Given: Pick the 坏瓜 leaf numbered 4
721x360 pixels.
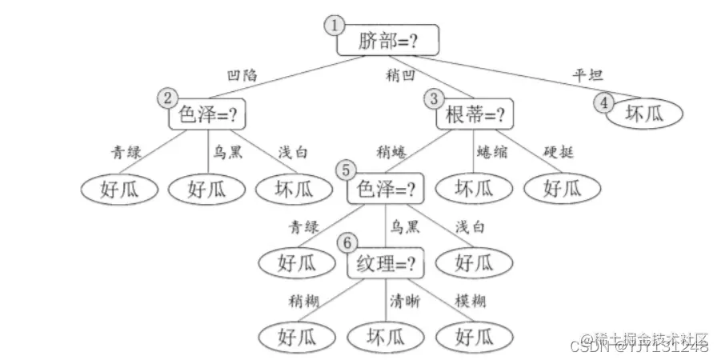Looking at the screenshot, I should pyautogui.click(x=644, y=114).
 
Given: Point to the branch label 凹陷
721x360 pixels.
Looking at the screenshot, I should pyautogui.click(x=243, y=75).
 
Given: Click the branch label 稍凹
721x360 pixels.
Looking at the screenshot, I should pyautogui.click(x=399, y=76).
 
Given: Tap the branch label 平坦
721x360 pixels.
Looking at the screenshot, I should pyautogui.click(x=587, y=75).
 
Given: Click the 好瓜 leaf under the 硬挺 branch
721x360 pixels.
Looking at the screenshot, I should pyautogui.click(x=562, y=189).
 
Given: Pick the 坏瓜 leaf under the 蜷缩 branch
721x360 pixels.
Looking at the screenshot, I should pyautogui.click(x=474, y=189).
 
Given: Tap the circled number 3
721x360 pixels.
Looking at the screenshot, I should pyautogui.click(x=433, y=98).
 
